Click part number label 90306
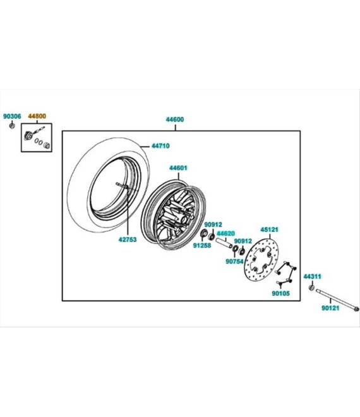point(12,116)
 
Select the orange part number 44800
point(37,116)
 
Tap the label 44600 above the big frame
point(175,119)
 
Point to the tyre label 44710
point(160,146)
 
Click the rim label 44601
point(178,168)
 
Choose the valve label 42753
point(128,239)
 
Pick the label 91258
point(202,246)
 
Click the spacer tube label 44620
point(225,234)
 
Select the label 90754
point(235,262)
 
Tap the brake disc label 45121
point(269,229)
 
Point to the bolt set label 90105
point(281,293)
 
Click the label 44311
point(313,277)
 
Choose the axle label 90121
point(330,308)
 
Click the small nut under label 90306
point(12,126)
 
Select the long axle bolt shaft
point(337,300)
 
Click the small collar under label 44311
point(312,287)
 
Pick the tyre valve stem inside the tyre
point(122,185)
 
